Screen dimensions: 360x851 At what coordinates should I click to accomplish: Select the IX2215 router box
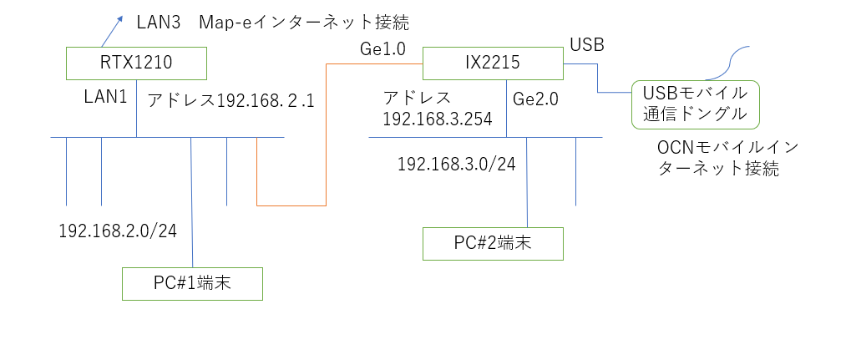[x=493, y=62]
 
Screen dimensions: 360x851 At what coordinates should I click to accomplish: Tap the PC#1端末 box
[x=192, y=284]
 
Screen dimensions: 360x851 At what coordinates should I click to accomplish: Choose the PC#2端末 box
[x=493, y=244]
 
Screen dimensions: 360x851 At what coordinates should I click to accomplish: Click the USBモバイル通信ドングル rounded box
[x=696, y=104]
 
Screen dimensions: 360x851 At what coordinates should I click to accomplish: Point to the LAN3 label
[x=159, y=23]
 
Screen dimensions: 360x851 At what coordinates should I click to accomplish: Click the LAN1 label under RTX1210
[x=105, y=97]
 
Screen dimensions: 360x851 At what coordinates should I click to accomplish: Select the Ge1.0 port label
[x=382, y=49]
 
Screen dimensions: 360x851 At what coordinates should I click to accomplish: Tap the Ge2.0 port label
[x=535, y=99]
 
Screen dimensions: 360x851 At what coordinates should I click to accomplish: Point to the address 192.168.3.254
[x=437, y=119]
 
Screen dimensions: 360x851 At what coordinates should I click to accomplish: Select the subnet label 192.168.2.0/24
[x=118, y=231]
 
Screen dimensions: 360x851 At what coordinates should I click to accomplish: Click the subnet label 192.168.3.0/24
[x=456, y=164]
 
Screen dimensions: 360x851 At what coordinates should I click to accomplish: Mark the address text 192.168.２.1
[x=266, y=100]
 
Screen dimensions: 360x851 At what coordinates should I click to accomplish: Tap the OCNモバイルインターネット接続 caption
[x=718, y=158]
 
